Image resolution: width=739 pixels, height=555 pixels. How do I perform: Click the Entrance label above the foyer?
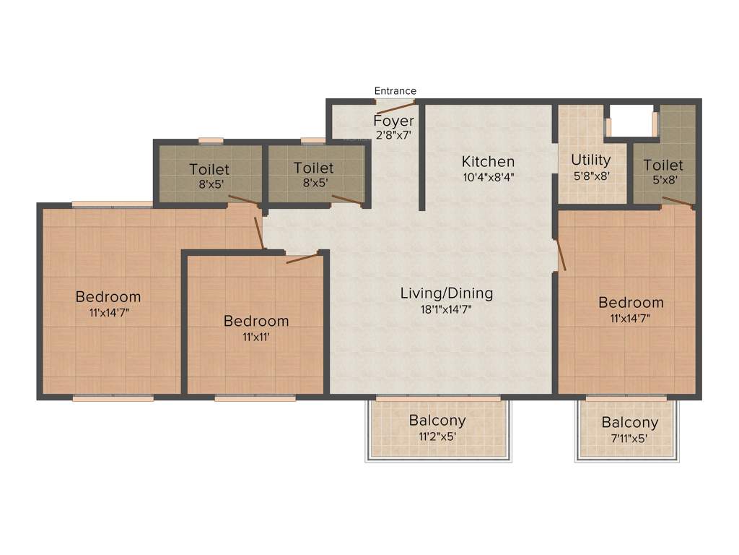(395, 91)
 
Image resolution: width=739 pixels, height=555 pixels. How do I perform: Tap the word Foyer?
(393, 121)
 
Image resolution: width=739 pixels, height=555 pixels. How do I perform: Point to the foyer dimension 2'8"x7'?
(393, 134)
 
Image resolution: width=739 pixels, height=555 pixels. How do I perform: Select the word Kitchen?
(488, 161)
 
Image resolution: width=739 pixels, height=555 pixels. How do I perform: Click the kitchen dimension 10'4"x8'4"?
(488, 176)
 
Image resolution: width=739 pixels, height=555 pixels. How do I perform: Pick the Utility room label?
(590, 160)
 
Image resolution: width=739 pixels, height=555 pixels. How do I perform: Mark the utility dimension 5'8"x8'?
(590, 175)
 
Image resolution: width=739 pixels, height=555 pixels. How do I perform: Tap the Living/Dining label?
(447, 293)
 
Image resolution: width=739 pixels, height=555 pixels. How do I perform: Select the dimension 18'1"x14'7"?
(447, 309)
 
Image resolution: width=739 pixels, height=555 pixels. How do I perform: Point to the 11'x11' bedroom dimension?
(255, 336)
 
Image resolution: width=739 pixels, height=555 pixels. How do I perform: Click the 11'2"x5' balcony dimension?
(437, 436)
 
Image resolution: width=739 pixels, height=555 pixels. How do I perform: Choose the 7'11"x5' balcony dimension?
(629, 438)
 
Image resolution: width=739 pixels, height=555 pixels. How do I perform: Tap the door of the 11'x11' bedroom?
(303, 258)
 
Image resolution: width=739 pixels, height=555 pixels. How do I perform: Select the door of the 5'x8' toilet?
(678, 202)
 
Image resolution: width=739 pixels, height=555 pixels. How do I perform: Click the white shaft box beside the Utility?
(631, 120)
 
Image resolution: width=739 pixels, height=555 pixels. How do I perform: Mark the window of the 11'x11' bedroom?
(255, 397)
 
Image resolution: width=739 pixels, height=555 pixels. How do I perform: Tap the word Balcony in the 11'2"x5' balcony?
(437, 421)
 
